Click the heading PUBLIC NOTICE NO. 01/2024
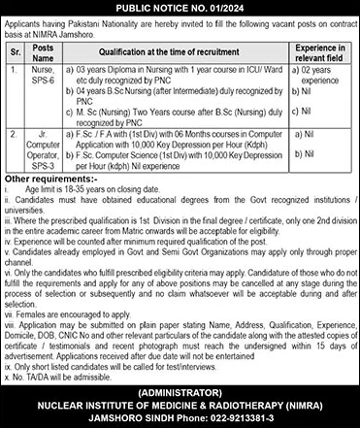(180, 6)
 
